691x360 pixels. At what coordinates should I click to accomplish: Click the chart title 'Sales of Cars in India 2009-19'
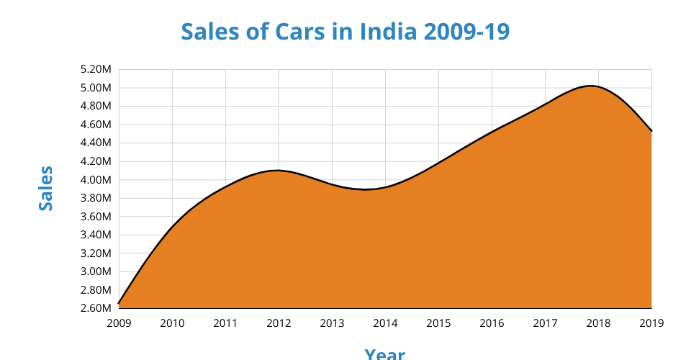click(345, 32)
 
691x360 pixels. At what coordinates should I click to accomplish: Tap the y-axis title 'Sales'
click(46, 189)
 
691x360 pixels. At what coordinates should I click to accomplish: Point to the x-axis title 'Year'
click(384, 354)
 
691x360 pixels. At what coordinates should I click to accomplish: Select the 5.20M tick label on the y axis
click(96, 70)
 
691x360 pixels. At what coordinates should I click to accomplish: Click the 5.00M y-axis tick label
click(96, 88)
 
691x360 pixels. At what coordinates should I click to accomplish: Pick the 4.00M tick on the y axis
click(96, 180)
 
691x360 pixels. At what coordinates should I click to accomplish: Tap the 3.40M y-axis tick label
click(96, 235)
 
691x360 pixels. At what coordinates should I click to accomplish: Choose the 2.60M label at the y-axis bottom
click(96, 309)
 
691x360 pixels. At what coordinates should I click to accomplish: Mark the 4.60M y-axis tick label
click(96, 125)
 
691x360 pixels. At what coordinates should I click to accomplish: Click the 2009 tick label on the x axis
click(119, 323)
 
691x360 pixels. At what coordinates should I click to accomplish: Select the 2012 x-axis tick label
click(279, 323)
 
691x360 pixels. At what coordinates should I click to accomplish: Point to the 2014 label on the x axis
click(385, 323)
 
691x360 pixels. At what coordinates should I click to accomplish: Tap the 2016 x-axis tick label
click(492, 323)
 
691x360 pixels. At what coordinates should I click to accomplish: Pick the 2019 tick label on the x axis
click(651, 323)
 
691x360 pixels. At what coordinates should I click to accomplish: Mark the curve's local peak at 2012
click(278, 171)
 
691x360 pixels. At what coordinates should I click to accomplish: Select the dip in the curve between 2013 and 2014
click(366, 189)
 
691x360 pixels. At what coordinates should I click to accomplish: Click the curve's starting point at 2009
click(119, 304)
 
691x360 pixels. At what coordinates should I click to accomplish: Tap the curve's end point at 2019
click(651, 131)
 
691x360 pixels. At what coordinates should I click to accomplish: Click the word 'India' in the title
click(388, 32)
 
